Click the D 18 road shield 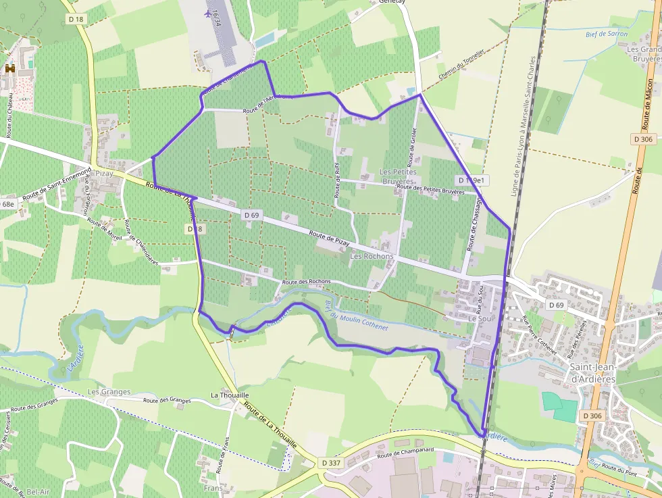click(76, 20)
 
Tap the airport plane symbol click(207, 13)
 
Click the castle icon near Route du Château click(10, 68)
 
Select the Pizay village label click(104, 174)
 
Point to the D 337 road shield click(331, 463)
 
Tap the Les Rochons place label click(371, 257)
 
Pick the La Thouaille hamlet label click(230, 395)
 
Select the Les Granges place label click(109, 392)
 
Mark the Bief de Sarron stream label click(607, 34)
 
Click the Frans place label click(213, 487)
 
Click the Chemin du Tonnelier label click(462, 66)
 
